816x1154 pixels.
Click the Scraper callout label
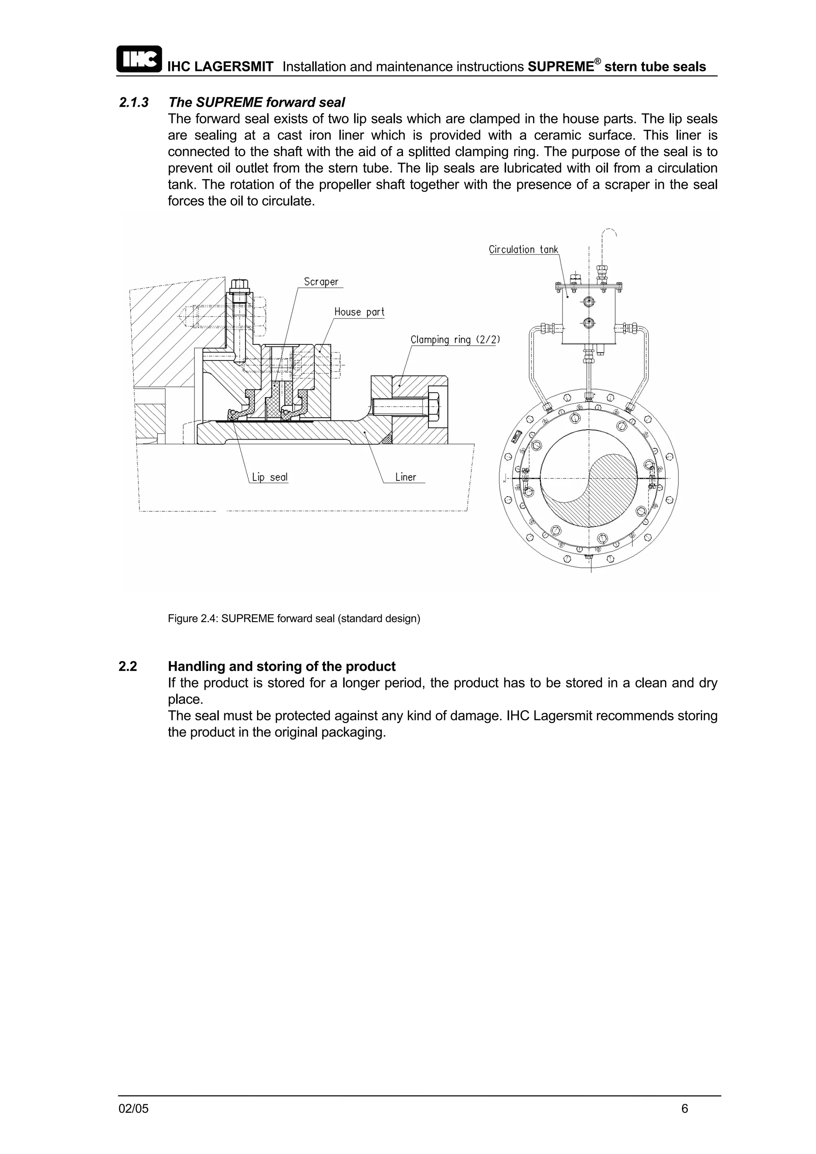[x=321, y=282]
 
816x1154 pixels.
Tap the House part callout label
[x=359, y=312]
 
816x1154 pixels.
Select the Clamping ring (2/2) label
[x=455, y=339]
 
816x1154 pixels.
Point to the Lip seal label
[x=269, y=477]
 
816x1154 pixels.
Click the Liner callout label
[x=405, y=477]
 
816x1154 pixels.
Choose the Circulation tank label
[x=523, y=249]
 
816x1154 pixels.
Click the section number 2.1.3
[x=134, y=102]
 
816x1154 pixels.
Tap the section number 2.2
[x=128, y=667]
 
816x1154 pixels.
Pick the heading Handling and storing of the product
[x=282, y=667]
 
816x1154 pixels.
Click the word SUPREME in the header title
[x=561, y=67]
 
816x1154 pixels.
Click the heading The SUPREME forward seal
[x=257, y=102]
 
